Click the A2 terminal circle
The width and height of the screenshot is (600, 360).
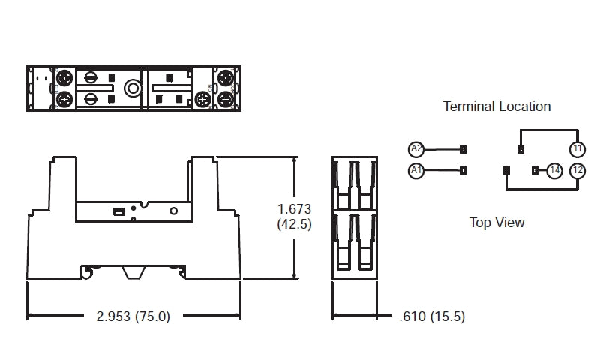pyautogui.click(x=416, y=148)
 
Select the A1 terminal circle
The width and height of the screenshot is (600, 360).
pyautogui.click(x=416, y=171)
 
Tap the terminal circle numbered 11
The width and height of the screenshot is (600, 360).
pyautogui.click(x=576, y=148)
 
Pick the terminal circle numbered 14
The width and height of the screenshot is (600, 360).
pyautogui.click(x=554, y=171)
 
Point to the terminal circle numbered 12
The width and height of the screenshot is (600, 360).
pyautogui.click(x=576, y=171)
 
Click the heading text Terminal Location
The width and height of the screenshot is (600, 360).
pyautogui.click(x=496, y=106)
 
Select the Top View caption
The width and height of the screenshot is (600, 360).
pyautogui.click(x=496, y=223)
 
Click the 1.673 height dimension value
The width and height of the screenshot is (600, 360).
pyautogui.click(x=294, y=208)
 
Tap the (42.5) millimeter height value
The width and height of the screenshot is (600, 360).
pyautogui.click(x=294, y=224)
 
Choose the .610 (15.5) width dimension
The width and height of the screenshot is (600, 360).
pyautogui.click(x=431, y=316)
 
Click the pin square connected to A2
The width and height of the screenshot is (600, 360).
pyautogui.click(x=463, y=148)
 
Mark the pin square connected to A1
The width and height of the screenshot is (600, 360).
pyautogui.click(x=463, y=171)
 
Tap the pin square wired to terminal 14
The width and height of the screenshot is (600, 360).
pyautogui.click(x=535, y=171)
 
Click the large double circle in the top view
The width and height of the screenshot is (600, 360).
pyautogui.click(x=133, y=89)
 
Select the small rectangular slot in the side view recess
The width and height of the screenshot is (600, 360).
pyautogui.click(x=118, y=212)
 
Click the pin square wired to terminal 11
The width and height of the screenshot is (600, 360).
pyautogui.click(x=520, y=148)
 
